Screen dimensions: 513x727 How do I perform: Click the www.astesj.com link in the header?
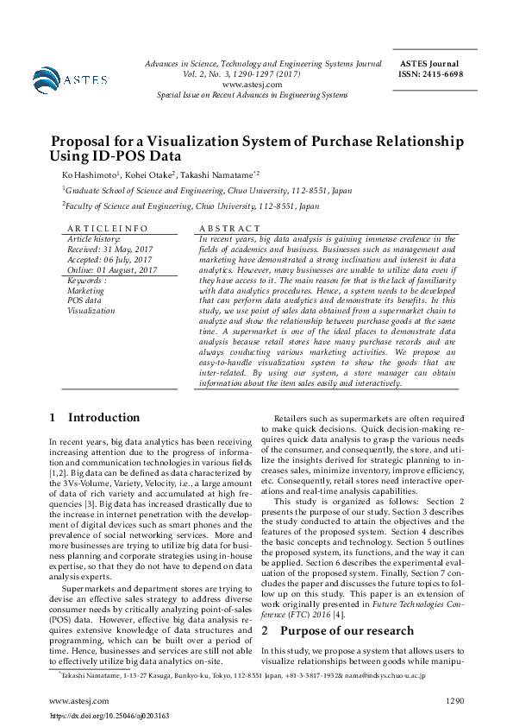pyautogui.click(x=252, y=85)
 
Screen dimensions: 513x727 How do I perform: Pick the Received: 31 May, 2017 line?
pyautogui.click(x=110, y=249)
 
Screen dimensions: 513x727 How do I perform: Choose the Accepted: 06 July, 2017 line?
pyautogui.click(x=109, y=259)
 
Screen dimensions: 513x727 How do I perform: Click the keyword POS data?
pyautogui.click(x=84, y=300)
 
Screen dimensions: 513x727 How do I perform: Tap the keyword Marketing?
pyautogui.click(x=85, y=290)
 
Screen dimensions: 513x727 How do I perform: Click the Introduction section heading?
pyautogui.click(x=103, y=417)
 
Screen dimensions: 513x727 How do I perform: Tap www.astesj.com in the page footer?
pyautogui.click(x=79, y=700)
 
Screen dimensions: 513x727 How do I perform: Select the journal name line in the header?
pyautogui.click(x=264, y=64)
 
